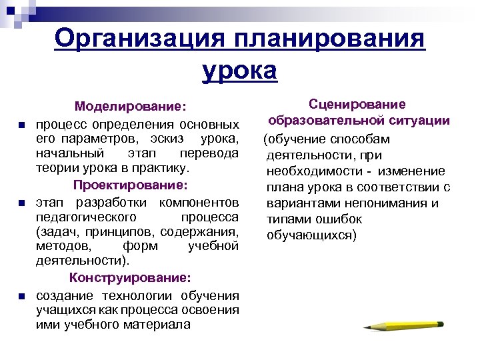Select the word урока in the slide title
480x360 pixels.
pyautogui.click(x=239, y=69)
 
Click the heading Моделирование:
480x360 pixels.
pyautogui.click(x=131, y=107)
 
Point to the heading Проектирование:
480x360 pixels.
pyautogui.click(x=131, y=184)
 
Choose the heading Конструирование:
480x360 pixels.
pyautogui.click(x=131, y=277)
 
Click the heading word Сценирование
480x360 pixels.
pyautogui.click(x=358, y=105)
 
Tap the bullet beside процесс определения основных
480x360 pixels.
pyautogui.click(x=22, y=125)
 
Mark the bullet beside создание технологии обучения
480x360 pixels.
pyautogui.click(x=22, y=296)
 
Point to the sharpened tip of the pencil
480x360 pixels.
pyautogui.click(x=366, y=327)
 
